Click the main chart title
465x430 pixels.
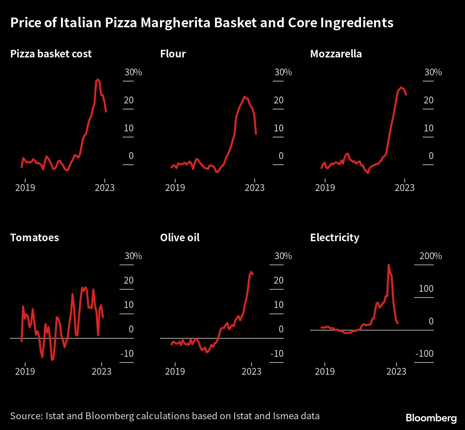pyautogui.click(x=202, y=23)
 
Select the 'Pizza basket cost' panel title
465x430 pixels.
pyautogui.click(x=51, y=54)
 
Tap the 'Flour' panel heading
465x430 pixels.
pyautogui.click(x=173, y=54)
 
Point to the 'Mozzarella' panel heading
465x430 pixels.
pyautogui.click(x=336, y=54)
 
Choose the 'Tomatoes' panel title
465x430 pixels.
pyautogui.click(x=34, y=238)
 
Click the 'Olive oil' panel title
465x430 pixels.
pyautogui.click(x=180, y=238)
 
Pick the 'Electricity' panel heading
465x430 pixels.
pyautogui.click(x=334, y=238)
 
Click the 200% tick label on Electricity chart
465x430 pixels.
pyautogui.click(x=430, y=256)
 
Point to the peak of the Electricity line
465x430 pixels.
pyautogui.click(x=389, y=265)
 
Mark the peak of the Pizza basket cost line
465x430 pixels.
pyautogui.click(x=98, y=79)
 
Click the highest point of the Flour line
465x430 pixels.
pyautogui.click(x=244, y=97)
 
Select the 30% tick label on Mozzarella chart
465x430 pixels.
pyautogui.click(x=433, y=72)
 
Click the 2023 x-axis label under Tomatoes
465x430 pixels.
pyautogui.click(x=101, y=371)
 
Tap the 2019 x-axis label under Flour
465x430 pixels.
pyautogui.click(x=175, y=187)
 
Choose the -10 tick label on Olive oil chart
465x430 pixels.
pyautogui.click(x=277, y=354)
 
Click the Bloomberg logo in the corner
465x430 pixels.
pyautogui.click(x=431, y=418)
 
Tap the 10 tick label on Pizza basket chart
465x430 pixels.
pyautogui.click(x=128, y=128)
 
